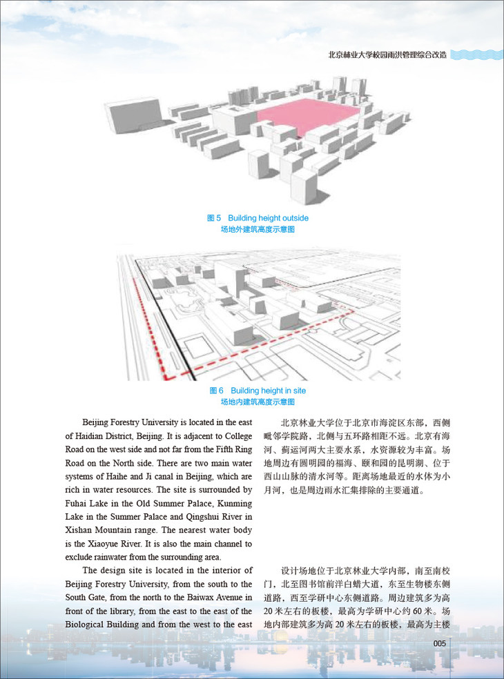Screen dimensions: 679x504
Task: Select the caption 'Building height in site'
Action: [x=268, y=391]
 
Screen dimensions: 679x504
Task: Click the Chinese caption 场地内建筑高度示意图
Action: [x=258, y=402]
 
